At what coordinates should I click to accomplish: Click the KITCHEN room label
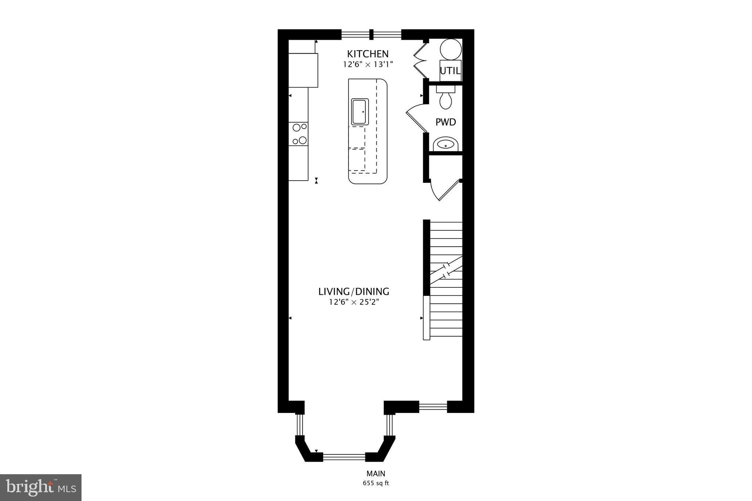pyautogui.click(x=368, y=54)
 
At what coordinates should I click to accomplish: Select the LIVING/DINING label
pyautogui.click(x=354, y=292)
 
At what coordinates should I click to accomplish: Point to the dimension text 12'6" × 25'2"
pyautogui.click(x=354, y=302)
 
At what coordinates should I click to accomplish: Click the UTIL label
pyautogui.click(x=450, y=71)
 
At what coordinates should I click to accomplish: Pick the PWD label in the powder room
pyautogui.click(x=446, y=122)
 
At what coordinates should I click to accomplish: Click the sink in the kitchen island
pyautogui.click(x=359, y=112)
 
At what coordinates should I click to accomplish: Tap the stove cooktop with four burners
pyautogui.click(x=299, y=134)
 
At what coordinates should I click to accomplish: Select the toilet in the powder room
pyautogui.click(x=446, y=98)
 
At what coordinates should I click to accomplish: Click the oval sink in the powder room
pyautogui.click(x=446, y=145)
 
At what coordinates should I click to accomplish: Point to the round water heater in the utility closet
pyautogui.click(x=451, y=50)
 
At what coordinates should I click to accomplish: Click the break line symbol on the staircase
pyautogui.click(x=446, y=271)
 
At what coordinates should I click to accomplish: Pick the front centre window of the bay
pyautogui.click(x=344, y=457)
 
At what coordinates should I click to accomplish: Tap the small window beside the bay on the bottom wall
pyautogui.click(x=433, y=406)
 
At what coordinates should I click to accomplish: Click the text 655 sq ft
pyautogui.click(x=376, y=483)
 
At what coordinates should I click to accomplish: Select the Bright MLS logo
pyautogui.click(x=41, y=487)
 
